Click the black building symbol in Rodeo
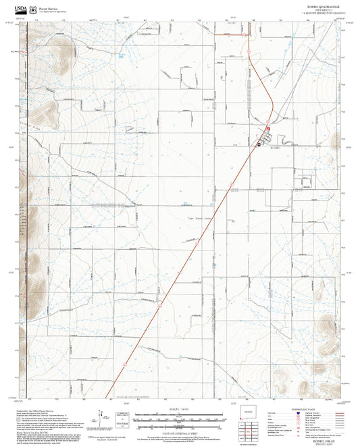coord(259,143)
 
